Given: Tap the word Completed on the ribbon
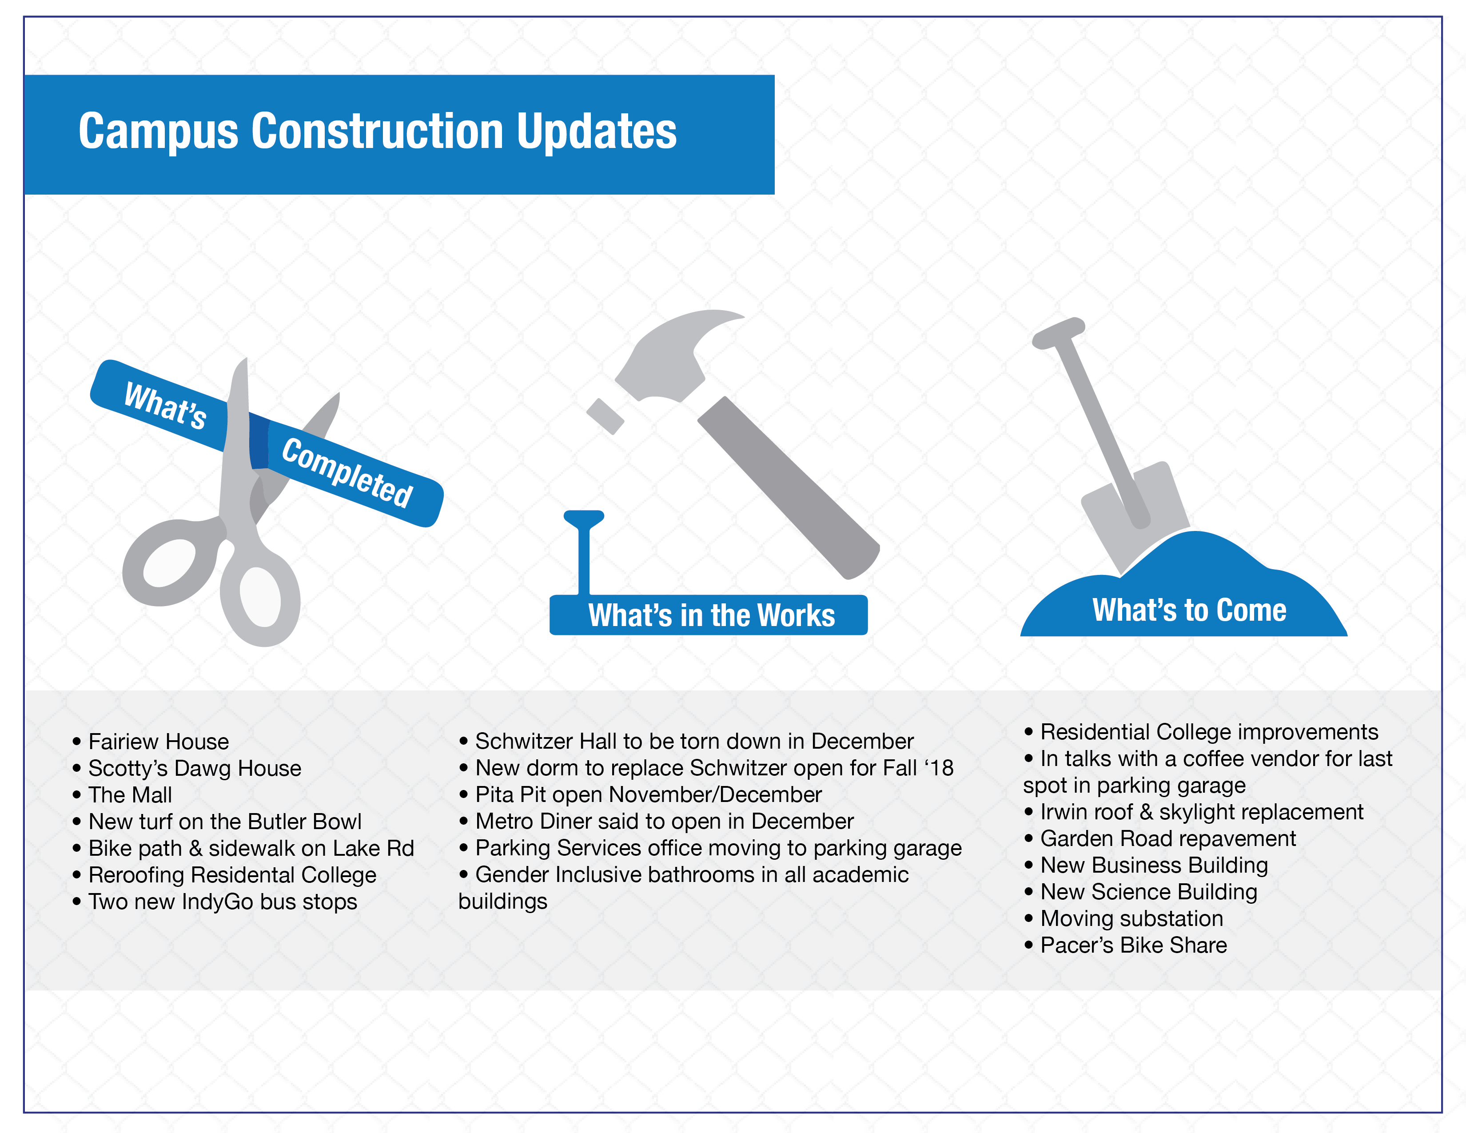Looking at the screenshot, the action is [347, 473].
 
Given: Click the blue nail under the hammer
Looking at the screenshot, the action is [583, 552].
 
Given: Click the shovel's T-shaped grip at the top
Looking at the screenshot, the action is [1059, 333].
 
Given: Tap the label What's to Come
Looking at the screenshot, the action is [1189, 610].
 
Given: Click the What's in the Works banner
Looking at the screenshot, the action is [708, 615].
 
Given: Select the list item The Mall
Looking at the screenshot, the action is [123, 795].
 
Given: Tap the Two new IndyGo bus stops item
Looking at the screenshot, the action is [215, 902].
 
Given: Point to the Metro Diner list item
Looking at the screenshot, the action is [657, 822].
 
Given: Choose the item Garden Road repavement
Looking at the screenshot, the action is [1160, 838].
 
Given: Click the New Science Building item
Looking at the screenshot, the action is [1141, 892].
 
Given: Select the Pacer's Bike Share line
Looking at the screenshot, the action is [1126, 945].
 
